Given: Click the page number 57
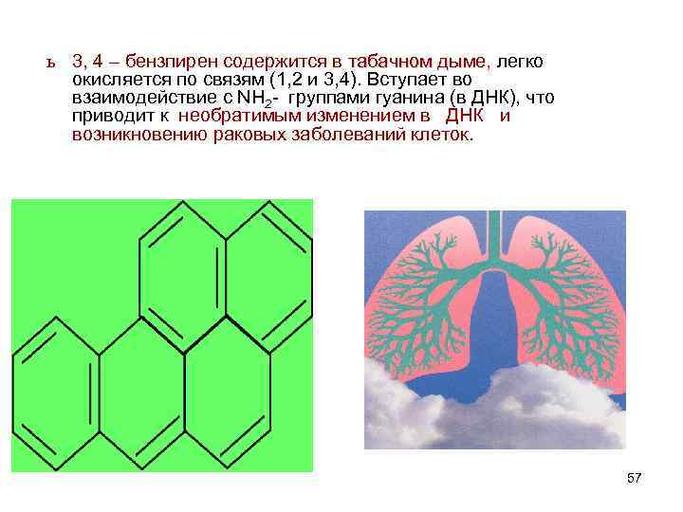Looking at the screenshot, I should tap(635, 479).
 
